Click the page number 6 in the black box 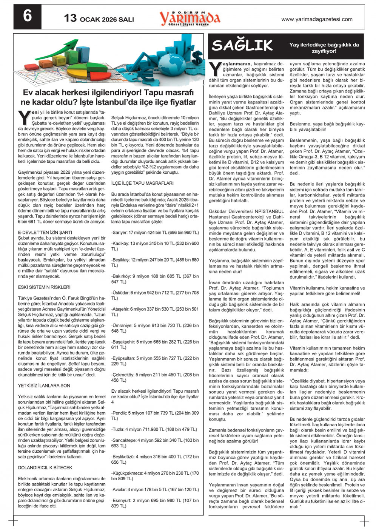point(27,17)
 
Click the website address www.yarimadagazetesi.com point(317,19)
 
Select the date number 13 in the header point(70,18)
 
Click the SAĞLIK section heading point(242,46)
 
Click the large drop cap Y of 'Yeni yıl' point(24,117)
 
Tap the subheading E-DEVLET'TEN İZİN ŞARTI point(45,233)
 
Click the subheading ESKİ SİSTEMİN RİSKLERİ point(44,287)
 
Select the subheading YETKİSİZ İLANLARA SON point(44,386)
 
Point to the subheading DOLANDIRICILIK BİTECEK point(45,467)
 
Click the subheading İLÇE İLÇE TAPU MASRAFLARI point(142,183)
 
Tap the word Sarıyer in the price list point(120,233)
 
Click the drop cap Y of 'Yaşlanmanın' point(215,69)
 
